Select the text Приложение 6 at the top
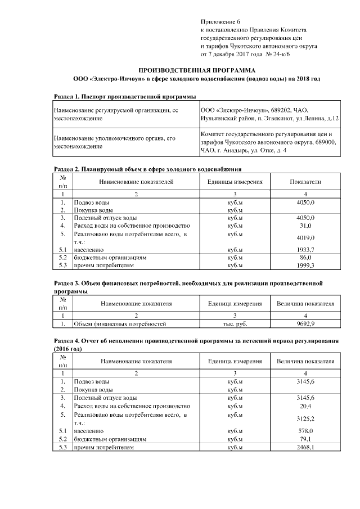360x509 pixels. click(x=217, y=20)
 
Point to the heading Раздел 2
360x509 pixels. click(x=147, y=169)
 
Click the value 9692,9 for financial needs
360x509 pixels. click(x=305, y=324)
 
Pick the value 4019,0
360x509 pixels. click(x=305, y=238)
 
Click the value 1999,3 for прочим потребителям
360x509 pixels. click(x=305, y=265)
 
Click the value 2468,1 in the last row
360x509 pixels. click(x=305, y=447)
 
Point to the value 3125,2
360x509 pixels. click(x=305, y=419)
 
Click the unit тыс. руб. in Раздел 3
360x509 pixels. click(x=235, y=324)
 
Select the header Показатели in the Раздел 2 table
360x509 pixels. click(x=305, y=182)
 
